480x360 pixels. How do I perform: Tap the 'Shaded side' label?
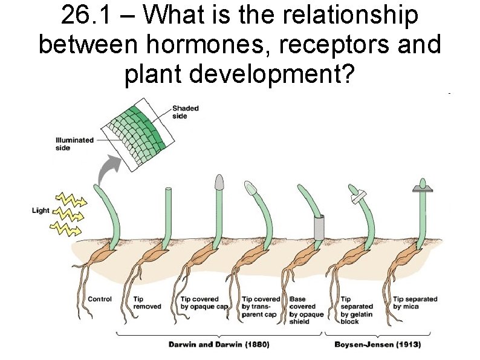coord(185,112)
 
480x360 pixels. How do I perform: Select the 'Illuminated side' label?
coord(74,143)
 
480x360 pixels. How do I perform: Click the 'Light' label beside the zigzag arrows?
coord(41,211)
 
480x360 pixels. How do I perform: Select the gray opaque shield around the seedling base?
coord(319,226)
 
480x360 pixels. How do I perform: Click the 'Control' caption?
coord(100,299)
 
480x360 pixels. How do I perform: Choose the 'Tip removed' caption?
coord(147,303)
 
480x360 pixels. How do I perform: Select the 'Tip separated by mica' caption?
coord(415,303)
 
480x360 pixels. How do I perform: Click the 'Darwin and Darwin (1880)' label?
coord(218,345)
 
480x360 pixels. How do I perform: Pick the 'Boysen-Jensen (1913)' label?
coord(377,345)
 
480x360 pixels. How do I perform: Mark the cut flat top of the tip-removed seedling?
coord(169,189)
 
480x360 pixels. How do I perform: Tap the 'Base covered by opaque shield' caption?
coord(306,310)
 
